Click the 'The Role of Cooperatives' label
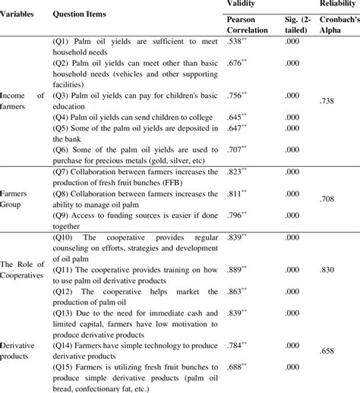coord(23,268)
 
